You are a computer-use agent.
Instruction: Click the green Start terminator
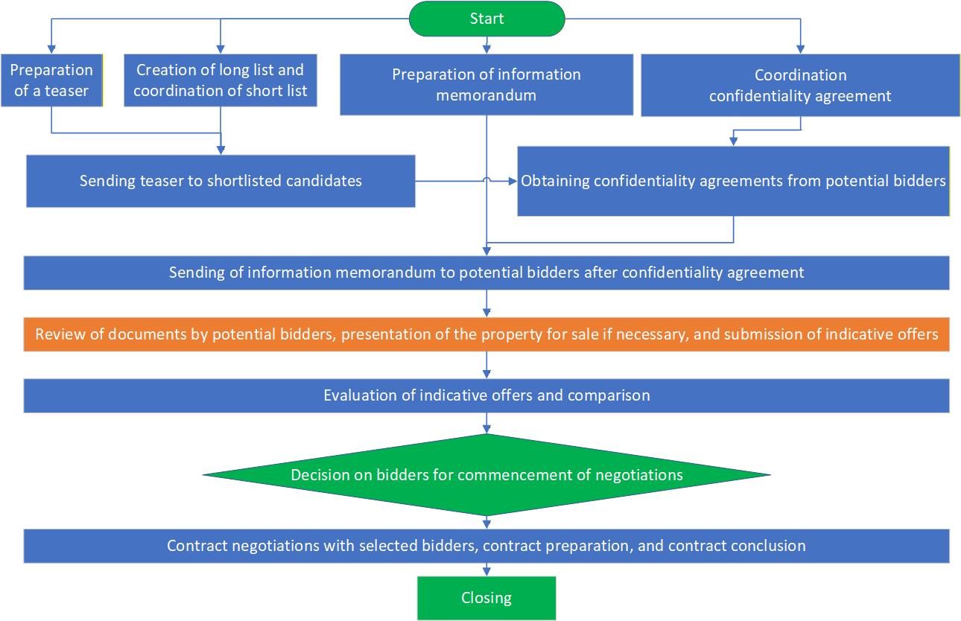[x=486, y=19]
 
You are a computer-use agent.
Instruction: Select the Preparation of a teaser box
[x=51, y=80]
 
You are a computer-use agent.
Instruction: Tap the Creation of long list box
[x=220, y=80]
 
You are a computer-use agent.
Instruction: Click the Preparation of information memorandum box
[x=486, y=85]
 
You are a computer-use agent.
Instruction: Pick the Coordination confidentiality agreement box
[x=800, y=85]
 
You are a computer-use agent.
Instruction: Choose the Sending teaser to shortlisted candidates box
[x=221, y=181]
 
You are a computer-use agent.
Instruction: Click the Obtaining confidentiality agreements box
[x=733, y=181]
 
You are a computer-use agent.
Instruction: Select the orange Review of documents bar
[x=486, y=335]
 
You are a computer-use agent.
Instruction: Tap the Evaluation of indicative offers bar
[x=486, y=395]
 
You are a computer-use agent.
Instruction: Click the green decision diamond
[x=486, y=475]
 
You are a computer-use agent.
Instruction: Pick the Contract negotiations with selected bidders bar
[x=486, y=546]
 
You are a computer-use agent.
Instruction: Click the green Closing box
[x=486, y=598]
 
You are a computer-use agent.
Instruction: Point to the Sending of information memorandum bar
[x=486, y=273]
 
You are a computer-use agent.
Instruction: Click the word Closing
[x=486, y=598]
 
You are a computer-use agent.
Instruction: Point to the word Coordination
[x=800, y=75]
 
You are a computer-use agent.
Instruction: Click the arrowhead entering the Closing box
[x=486, y=572]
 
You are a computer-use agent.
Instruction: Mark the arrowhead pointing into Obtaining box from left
[x=513, y=181]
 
